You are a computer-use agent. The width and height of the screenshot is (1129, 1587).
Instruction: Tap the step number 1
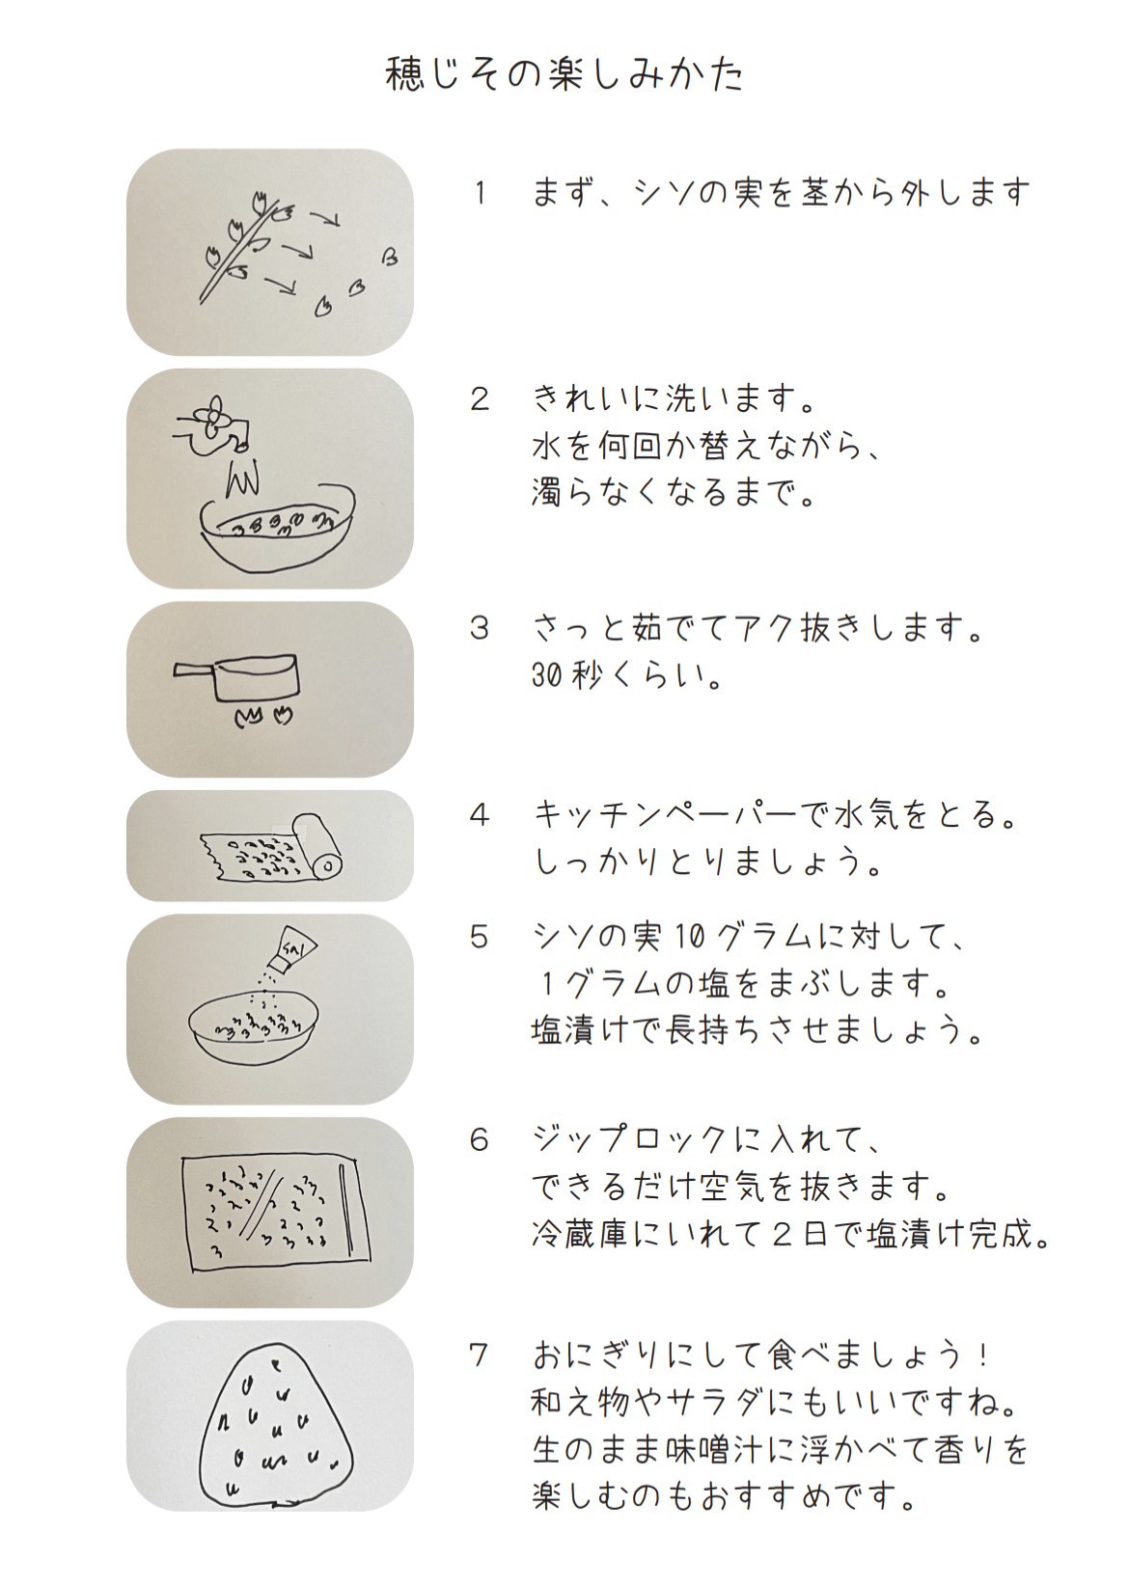pyautogui.click(x=481, y=193)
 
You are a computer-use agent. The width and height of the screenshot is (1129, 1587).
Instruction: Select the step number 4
pyautogui.click(x=480, y=815)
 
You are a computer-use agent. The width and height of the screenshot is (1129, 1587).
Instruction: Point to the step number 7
pyautogui.click(x=480, y=1355)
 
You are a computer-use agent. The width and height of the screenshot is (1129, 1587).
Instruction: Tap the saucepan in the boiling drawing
pyautogui.click(x=237, y=679)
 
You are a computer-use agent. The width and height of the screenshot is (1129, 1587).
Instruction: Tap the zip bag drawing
pyautogui.click(x=276, y=1213)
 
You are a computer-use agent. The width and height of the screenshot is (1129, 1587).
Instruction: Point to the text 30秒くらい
pyautogui.click(x=627, y=678)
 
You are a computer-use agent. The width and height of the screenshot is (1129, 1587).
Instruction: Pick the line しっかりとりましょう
pyautogui.click(x=707, y=862)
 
